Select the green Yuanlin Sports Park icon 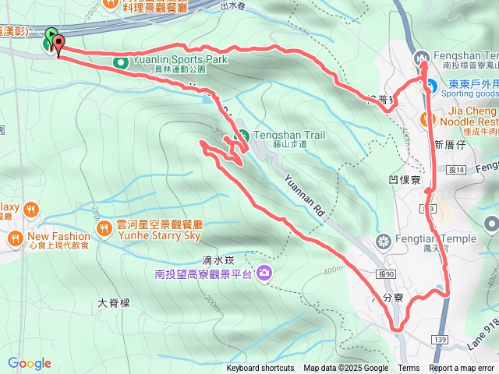click(121, 62)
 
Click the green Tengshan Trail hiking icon click(241, 135)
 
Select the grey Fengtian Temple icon click(382, 239)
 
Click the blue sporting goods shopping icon click(428, 86)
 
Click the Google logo click(29, 363)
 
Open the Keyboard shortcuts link click(260, 369)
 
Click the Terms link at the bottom click(409, 369)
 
